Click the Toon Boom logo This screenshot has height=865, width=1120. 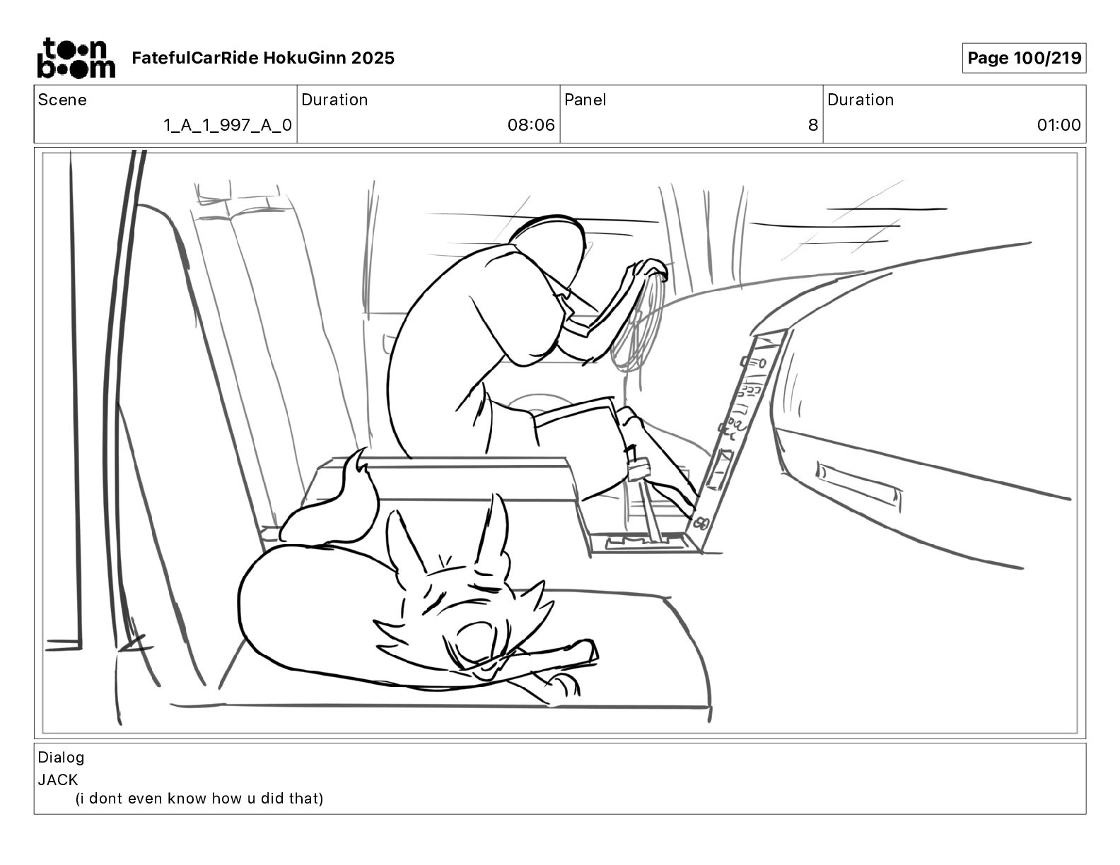[76, 58]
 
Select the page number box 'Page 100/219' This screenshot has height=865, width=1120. [1024, 58]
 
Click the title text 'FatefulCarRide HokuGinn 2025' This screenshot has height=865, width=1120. [263, 58]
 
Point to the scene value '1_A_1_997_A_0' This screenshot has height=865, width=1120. [227, 125]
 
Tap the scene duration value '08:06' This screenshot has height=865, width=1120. [530, 125]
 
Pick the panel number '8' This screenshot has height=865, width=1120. [812, 125]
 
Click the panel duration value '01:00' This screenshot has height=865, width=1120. [1058, 125]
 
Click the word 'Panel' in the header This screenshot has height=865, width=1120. [585, 100]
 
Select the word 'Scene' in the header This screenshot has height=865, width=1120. [62, 100]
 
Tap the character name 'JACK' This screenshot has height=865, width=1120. [58, 780]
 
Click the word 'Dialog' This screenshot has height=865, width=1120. [61, 758]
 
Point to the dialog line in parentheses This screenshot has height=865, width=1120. [199, 799]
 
